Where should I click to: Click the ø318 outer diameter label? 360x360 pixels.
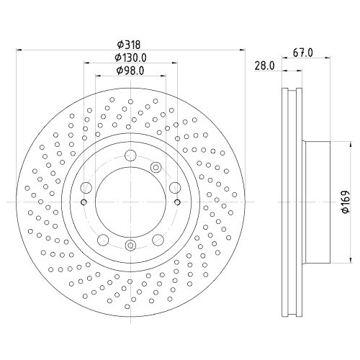pyautogui.click(x=128, y=45)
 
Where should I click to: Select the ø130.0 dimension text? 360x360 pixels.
pyautogui.click(x=131, y=58)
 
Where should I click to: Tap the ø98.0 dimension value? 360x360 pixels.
pyautogui.click(x=130, y=71)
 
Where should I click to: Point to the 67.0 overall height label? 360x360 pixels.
pyautogui.click(x=303, y=53)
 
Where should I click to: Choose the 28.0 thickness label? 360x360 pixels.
pyautogui.click(x=264, y=66)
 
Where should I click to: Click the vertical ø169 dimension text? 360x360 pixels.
pyautogui.click(x=346, y=202)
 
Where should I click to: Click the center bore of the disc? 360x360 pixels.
pyautogui.click(x=130, y=202)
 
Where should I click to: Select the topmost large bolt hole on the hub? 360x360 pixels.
pyautogui.click(x=130, y=156)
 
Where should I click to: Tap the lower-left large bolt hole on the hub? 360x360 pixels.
pyautogui.click(x=103, y=240)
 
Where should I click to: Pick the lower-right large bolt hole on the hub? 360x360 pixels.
pyautogui.click(x=158, y=240)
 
